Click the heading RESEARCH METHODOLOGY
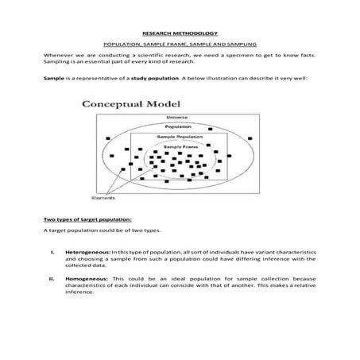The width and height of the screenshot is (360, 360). click(x=180, y=34)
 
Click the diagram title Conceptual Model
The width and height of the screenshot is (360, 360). click(x=132, y=104)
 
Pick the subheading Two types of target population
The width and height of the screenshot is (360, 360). click(x=87, y=219)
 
